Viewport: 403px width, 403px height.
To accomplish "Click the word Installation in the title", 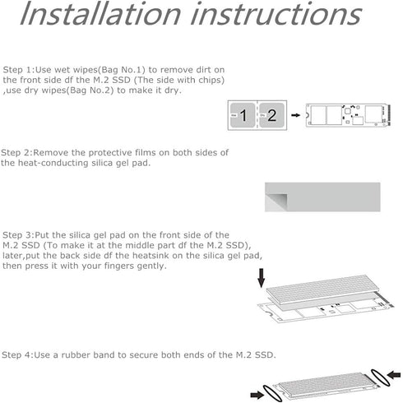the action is [x=100, y=14].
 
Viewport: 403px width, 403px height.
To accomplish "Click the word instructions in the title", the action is [x=276, y=14].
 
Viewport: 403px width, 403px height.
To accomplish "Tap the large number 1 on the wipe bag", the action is [x=243, y=115].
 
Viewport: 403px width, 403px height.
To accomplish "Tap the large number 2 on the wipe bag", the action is [x=271, y=115].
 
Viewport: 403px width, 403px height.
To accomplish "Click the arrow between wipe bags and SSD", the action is [x=295, y=115].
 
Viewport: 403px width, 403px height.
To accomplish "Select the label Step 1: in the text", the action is [x=19, y=70].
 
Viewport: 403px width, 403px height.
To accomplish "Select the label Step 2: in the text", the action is [x=16, y=152].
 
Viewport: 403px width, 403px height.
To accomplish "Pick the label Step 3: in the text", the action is [x=18, y=235].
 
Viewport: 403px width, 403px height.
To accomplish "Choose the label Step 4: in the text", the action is [x=17, y=355].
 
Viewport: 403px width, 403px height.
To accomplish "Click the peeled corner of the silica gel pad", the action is [x=276, y=202].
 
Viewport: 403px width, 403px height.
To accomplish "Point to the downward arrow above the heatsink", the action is [x=262, y=278].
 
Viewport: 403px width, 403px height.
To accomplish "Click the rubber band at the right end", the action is [x=380, y=378].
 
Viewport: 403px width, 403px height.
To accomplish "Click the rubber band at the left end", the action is [x=272, y=393].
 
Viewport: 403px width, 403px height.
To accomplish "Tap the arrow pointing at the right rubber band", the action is [x=394, y=374].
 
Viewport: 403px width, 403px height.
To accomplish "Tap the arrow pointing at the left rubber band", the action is [x=257, y=395].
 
